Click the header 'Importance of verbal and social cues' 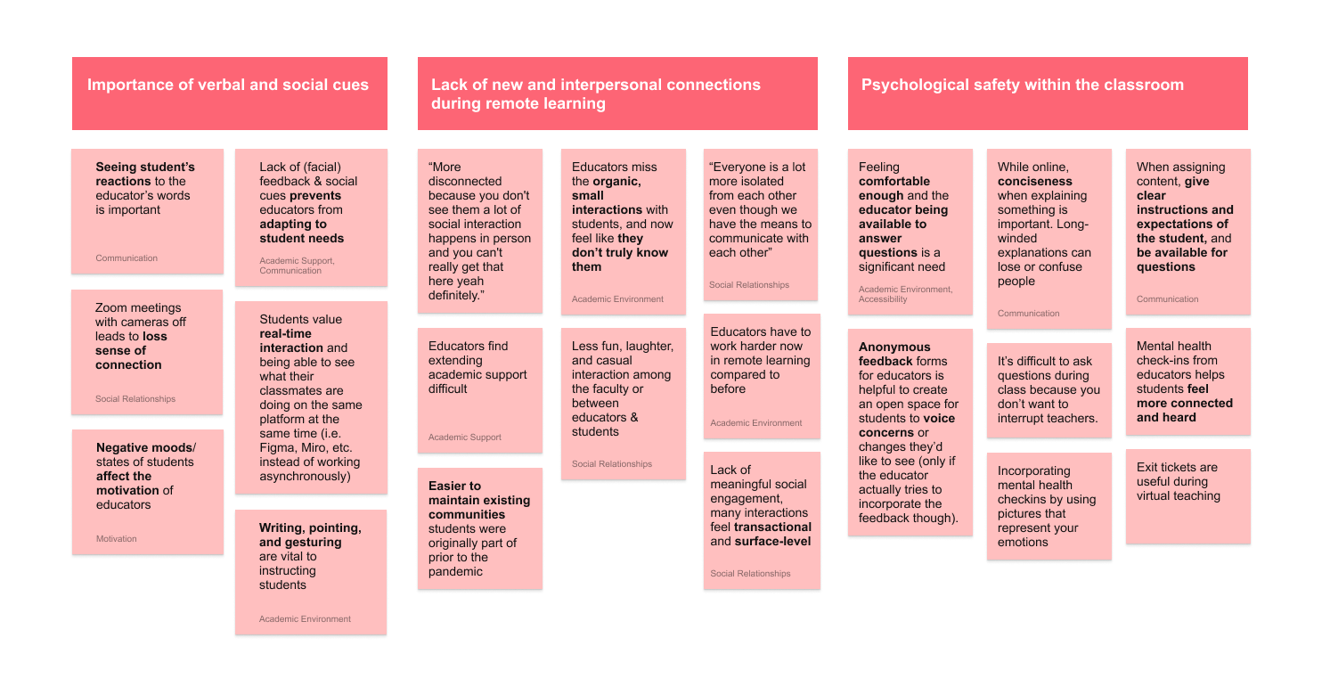pos(229,94)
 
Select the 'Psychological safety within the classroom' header pos(1047,94)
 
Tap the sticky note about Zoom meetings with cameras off pos(147,351)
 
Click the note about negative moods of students pos(147,491)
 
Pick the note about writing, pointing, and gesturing pos(311,571)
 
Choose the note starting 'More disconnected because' pos(479,231)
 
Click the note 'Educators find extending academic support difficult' pos(479,389)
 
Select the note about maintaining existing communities pos(479,528)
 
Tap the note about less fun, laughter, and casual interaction pos(623,404)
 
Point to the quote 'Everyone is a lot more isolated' pos(760,224)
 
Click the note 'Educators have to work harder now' pos(760,375)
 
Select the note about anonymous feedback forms pos(909,432)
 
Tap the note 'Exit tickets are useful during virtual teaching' pos(1187,495)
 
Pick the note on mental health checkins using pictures pos(1049,506)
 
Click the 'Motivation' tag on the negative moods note pos(117,539)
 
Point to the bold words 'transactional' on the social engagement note pos(773,527)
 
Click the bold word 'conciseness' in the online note pos(1035,182)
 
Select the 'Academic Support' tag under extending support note pos(465,437)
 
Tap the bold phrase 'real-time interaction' pos(292,340)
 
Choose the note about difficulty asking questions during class pos(1049,389)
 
